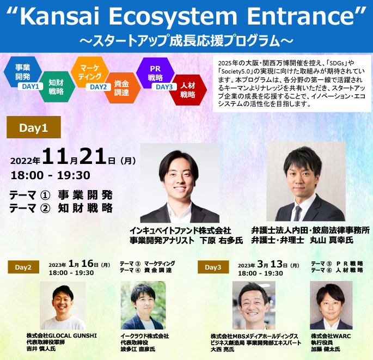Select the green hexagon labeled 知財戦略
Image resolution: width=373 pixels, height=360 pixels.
pyautogui.click(x=56, y=87)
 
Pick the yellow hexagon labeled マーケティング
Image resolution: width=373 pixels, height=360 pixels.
pyautogui.click(x=89, y=72)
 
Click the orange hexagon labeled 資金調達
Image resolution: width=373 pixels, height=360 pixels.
pyautogui.click(x=121, y=87)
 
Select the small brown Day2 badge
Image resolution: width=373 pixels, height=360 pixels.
pyautogui.click(x=23, y=267)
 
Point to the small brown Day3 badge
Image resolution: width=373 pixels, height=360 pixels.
pyautogui.click(x=213, y=267)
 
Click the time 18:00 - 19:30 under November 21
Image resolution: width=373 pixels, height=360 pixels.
pyautogui.click(x=50, y=175)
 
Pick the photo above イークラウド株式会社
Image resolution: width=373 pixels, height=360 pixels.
pyautogui.click(x=143, y=305)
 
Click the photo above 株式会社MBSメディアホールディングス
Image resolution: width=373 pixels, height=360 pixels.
pyautogui.click(x=254, y=305)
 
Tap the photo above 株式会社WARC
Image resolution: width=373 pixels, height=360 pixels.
pyautogui.click(x=331, y=305)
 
